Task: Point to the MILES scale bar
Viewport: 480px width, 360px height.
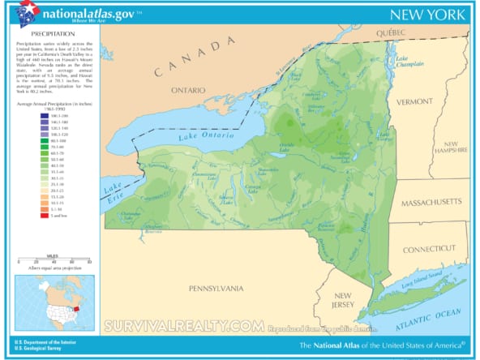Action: [54, 259]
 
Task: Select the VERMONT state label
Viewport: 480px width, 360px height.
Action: [416, 101]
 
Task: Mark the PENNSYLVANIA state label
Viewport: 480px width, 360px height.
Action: [216, 288]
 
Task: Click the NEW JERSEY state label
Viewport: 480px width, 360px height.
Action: [343, 300]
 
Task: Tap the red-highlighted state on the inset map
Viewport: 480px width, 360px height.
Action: [75, 308]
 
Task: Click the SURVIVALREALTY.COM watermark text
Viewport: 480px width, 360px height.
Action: [183, 325]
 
